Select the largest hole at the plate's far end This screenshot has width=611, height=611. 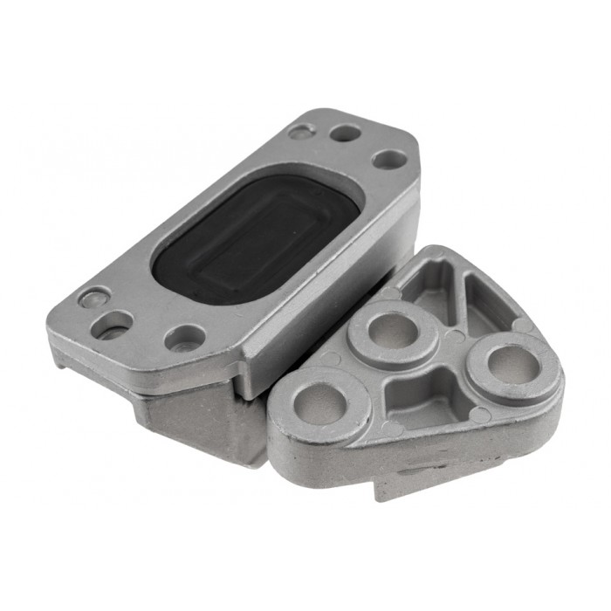click(389, 161)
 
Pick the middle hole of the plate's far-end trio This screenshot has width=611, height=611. click(347, 134)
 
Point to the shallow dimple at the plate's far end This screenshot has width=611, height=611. click(301, 132)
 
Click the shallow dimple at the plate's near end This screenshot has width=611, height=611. click(93, 298)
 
